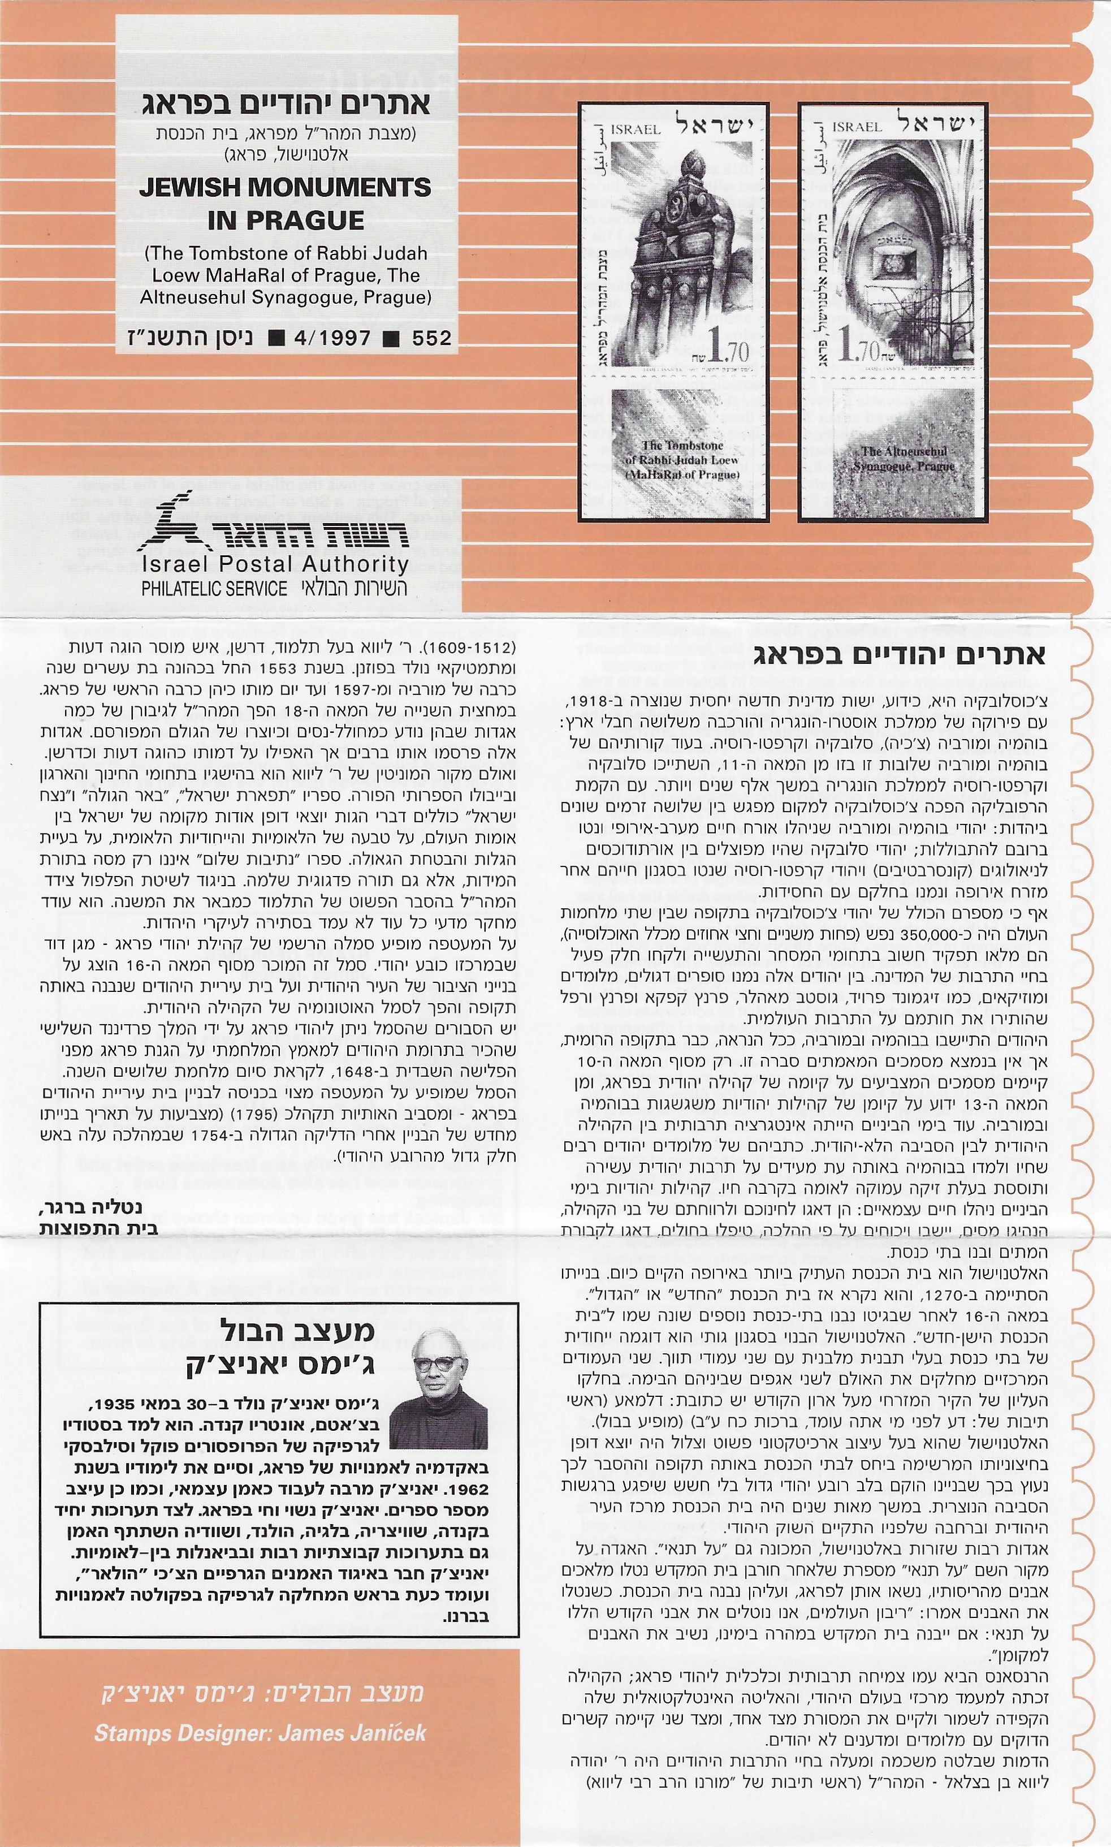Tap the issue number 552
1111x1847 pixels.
point(432,338)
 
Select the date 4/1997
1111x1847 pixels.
point(334,338)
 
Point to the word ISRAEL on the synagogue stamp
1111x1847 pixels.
point(857,127)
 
